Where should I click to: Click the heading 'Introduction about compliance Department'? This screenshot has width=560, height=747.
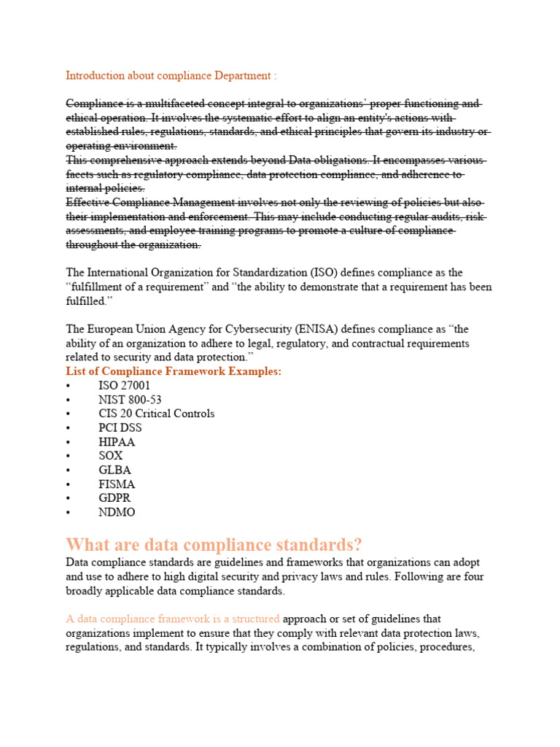[x=171, y=76]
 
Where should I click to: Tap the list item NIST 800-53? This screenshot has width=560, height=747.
[x=130, y=400]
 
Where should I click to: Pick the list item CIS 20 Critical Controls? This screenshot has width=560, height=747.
[x=156, y=414]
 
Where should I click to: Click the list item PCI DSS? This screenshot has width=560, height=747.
[x=120, y=427]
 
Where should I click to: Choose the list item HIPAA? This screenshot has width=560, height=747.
[x=117, y=442]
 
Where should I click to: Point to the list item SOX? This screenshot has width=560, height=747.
[x=111, y=456]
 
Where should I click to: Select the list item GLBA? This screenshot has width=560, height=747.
[x=114, y=470]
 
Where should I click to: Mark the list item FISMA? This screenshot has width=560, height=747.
[x=117, y=484]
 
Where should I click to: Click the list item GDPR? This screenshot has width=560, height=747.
[x=114, y=498]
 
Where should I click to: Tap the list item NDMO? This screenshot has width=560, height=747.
[x=117, y=512]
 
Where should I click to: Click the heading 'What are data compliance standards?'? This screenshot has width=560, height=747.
[x=214, y=545]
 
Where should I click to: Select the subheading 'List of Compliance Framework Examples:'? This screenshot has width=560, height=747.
[x=174, y=372]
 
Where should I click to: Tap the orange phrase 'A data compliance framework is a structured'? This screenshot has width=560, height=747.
[x=173, y=619]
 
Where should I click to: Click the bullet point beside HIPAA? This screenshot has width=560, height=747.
[x=68, y=442]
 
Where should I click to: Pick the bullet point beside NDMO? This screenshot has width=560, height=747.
[x=68, y=512]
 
